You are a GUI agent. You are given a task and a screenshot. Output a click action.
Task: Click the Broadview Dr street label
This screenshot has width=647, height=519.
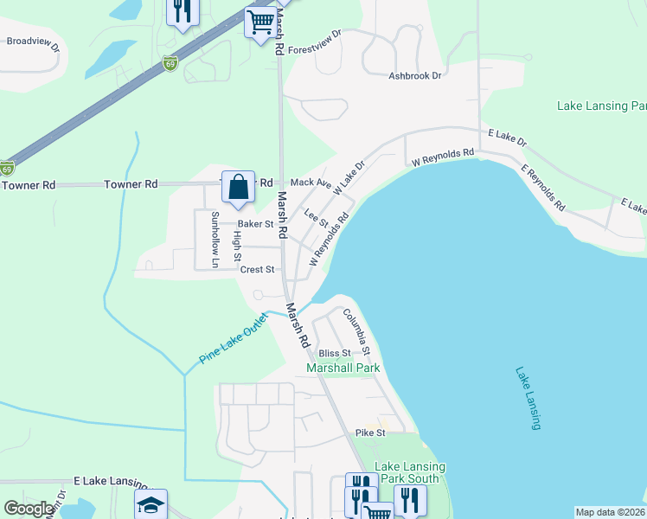tap(32, 42)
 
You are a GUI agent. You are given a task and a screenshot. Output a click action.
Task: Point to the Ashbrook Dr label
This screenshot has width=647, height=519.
tap(415, 76)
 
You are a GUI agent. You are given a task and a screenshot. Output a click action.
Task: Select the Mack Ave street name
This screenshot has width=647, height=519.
tap(311, 183)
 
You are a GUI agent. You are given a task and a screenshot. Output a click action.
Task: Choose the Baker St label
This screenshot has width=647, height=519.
tap(255, 224)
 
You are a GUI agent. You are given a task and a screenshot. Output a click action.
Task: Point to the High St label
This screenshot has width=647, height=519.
tap(237, 245)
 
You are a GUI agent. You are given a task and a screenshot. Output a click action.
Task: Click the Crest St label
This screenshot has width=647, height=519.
tap(257, 270)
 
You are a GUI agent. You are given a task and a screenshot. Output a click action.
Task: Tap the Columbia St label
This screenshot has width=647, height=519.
tap(356, 332)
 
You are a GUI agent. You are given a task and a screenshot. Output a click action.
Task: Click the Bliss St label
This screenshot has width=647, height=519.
tap(335, 353)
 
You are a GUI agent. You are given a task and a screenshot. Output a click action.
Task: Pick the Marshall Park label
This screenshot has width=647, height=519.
tap(343, 368)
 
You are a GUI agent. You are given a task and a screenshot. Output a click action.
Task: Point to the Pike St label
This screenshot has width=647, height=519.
tap(369, 432)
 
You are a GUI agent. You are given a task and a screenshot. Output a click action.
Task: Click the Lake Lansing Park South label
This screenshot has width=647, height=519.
tap(410, 472)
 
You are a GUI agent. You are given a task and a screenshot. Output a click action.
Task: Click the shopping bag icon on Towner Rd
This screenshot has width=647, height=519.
tap(238, 186)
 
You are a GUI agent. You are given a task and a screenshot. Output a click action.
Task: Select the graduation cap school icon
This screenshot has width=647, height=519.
tap(151, 504)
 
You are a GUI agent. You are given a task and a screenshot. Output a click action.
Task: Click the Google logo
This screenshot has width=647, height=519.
tap(29, 509)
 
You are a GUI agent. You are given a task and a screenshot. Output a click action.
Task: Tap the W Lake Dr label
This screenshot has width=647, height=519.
tap(349, 176)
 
